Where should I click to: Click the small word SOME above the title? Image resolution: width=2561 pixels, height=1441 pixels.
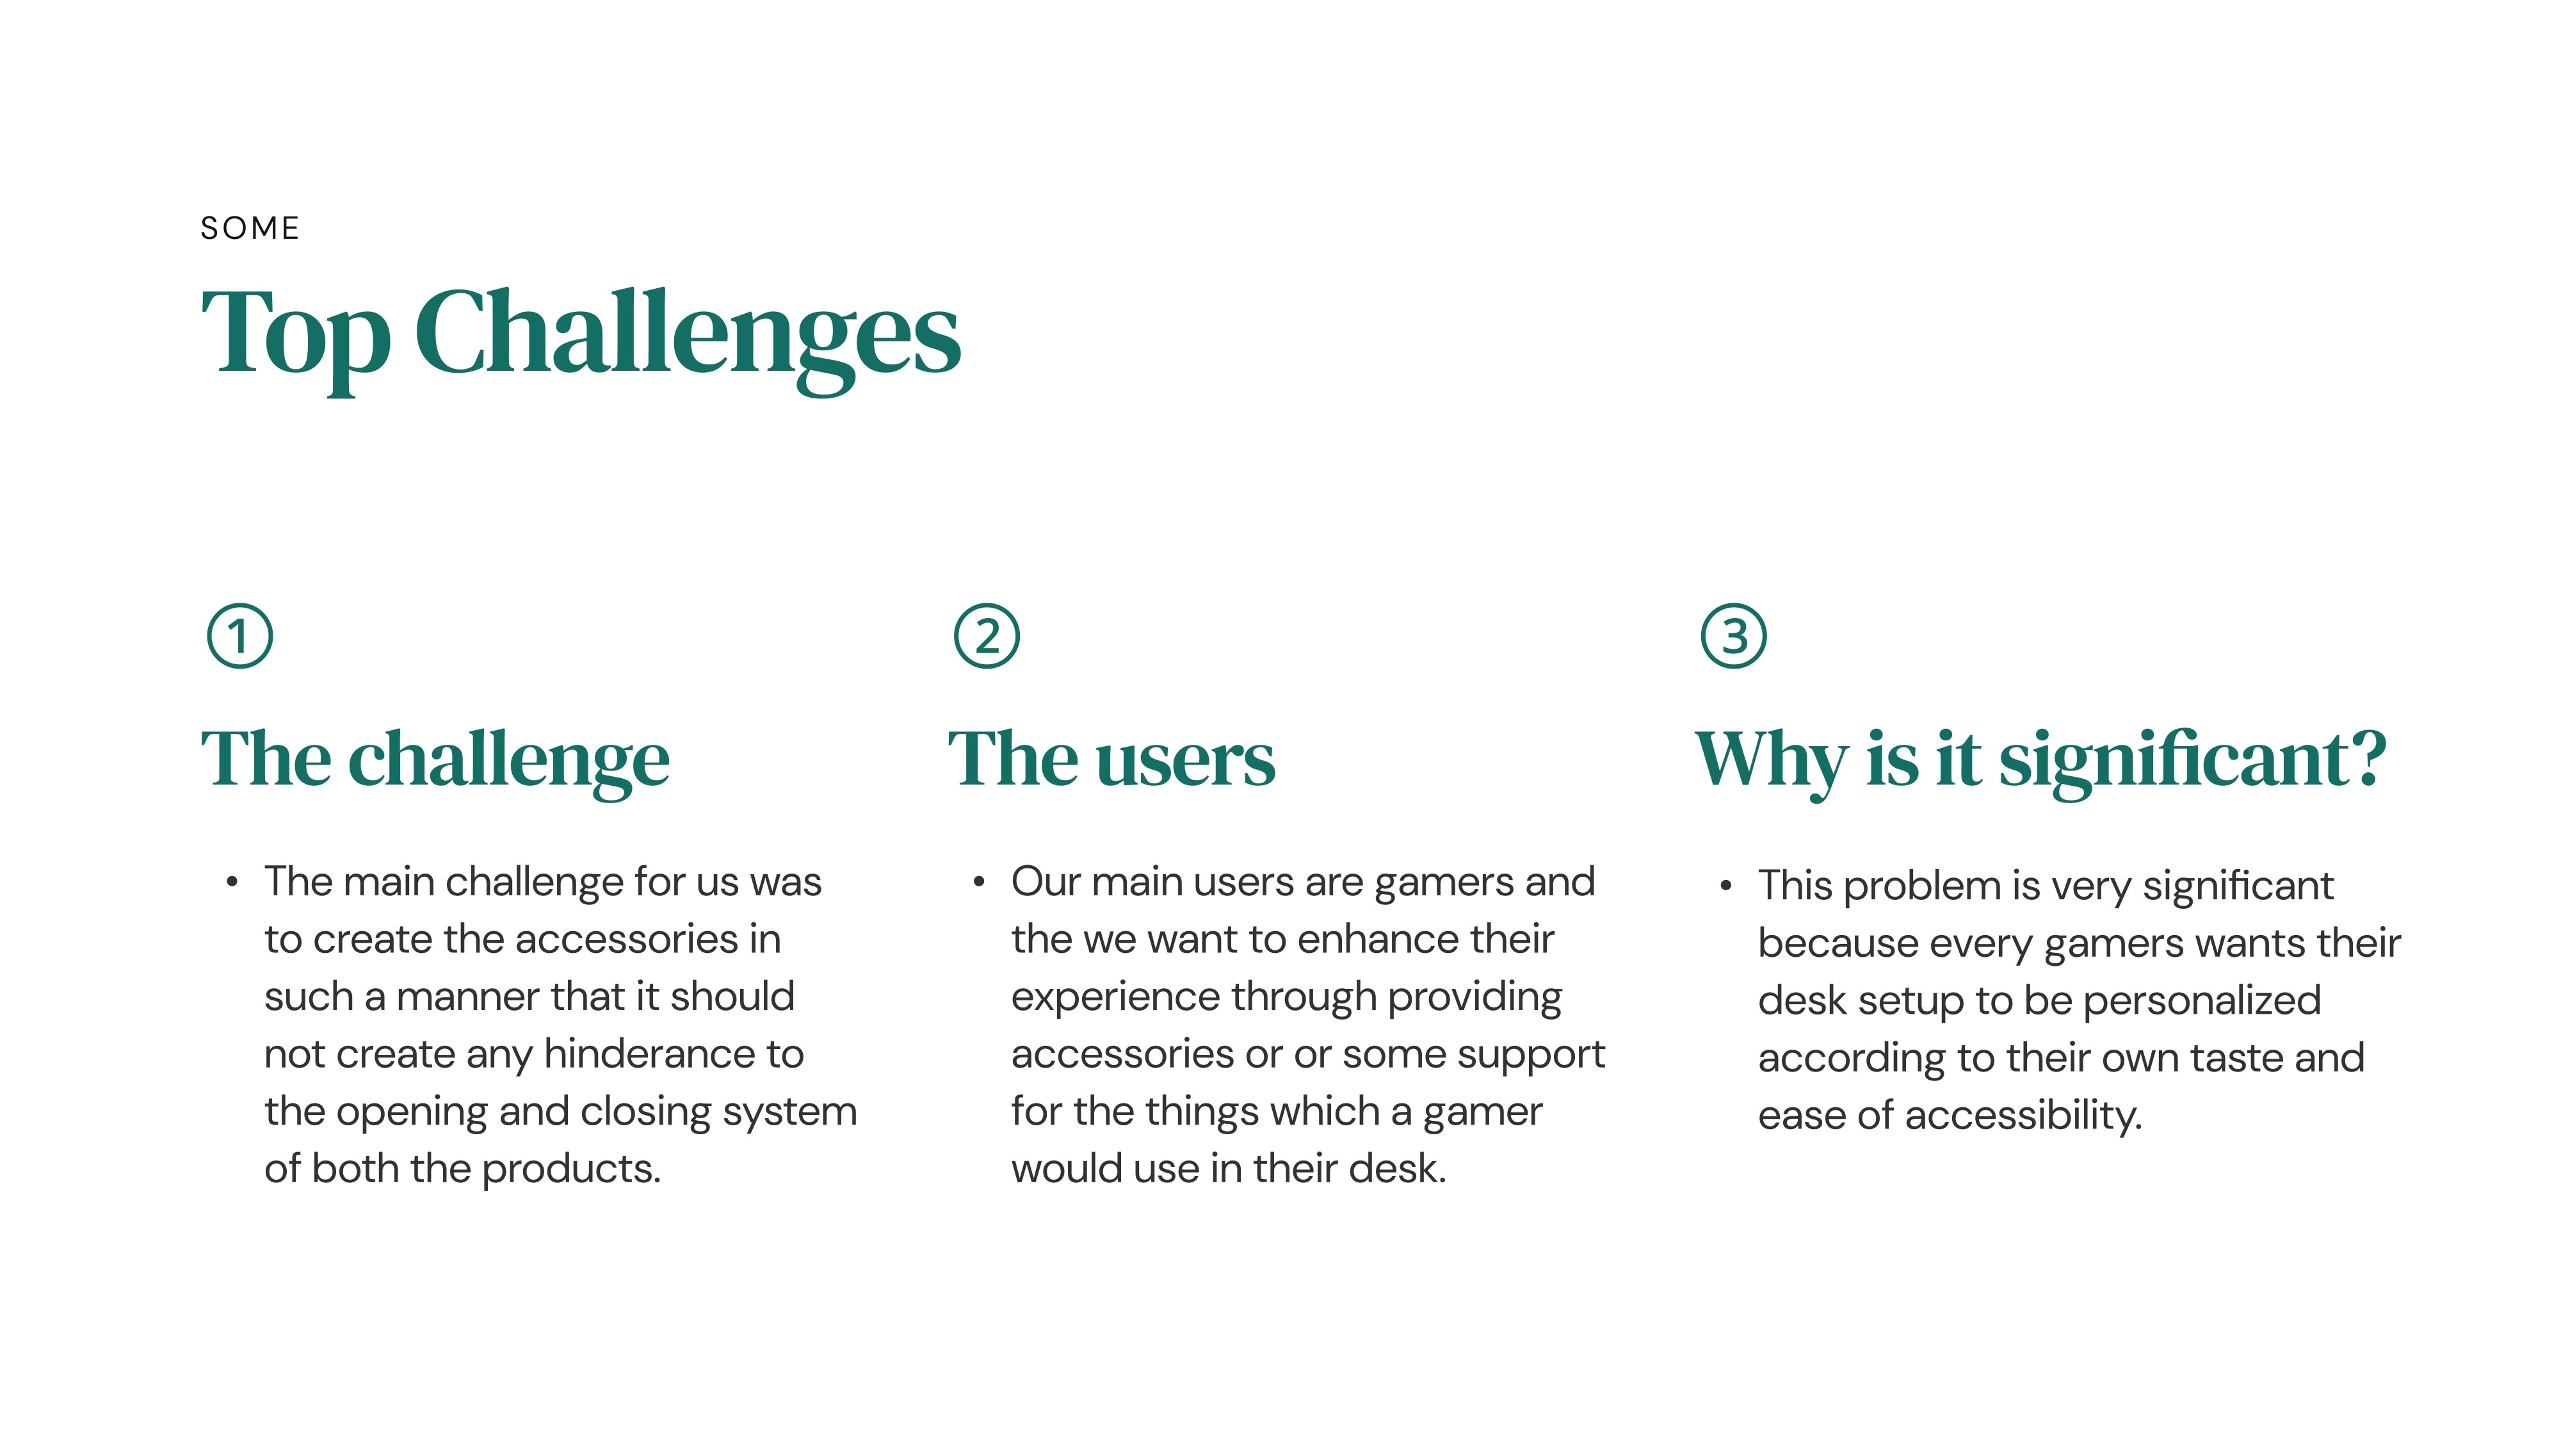pos(250,228)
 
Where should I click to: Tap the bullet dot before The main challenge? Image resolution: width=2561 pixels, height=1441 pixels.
pos(232,882)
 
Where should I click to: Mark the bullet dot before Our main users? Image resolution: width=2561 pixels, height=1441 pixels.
pos(980,882)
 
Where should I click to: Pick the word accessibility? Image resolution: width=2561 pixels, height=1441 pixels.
pos(2023,1116)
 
